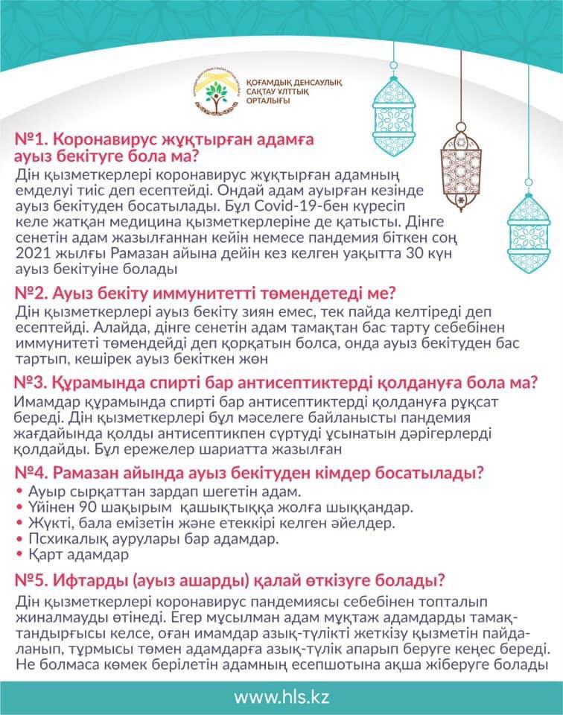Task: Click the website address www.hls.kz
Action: [x=281, y=696]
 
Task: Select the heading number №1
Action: [x=31, y=140]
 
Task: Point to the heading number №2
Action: [x=31, y=292]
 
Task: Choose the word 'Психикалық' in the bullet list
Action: [x=63, y=538]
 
